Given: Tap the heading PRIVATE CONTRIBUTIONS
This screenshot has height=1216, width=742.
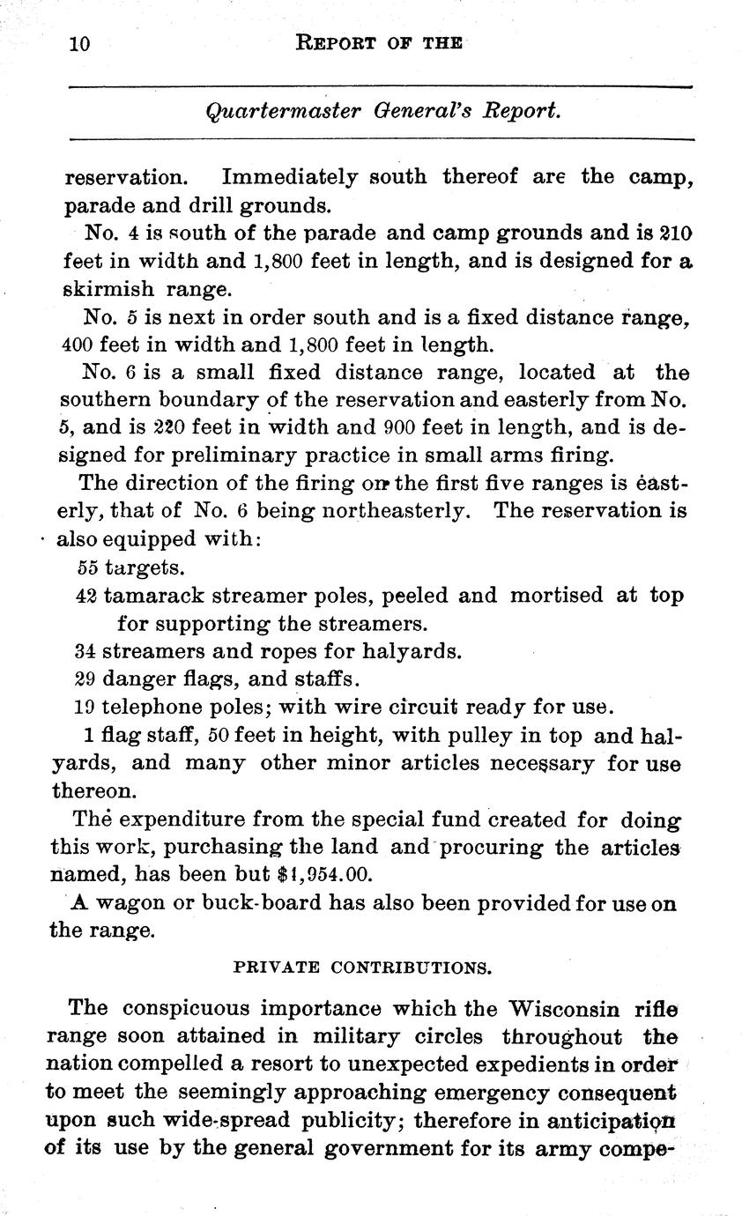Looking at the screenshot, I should pos(362,967).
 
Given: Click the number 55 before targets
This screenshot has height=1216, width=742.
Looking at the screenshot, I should pos(88,567).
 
